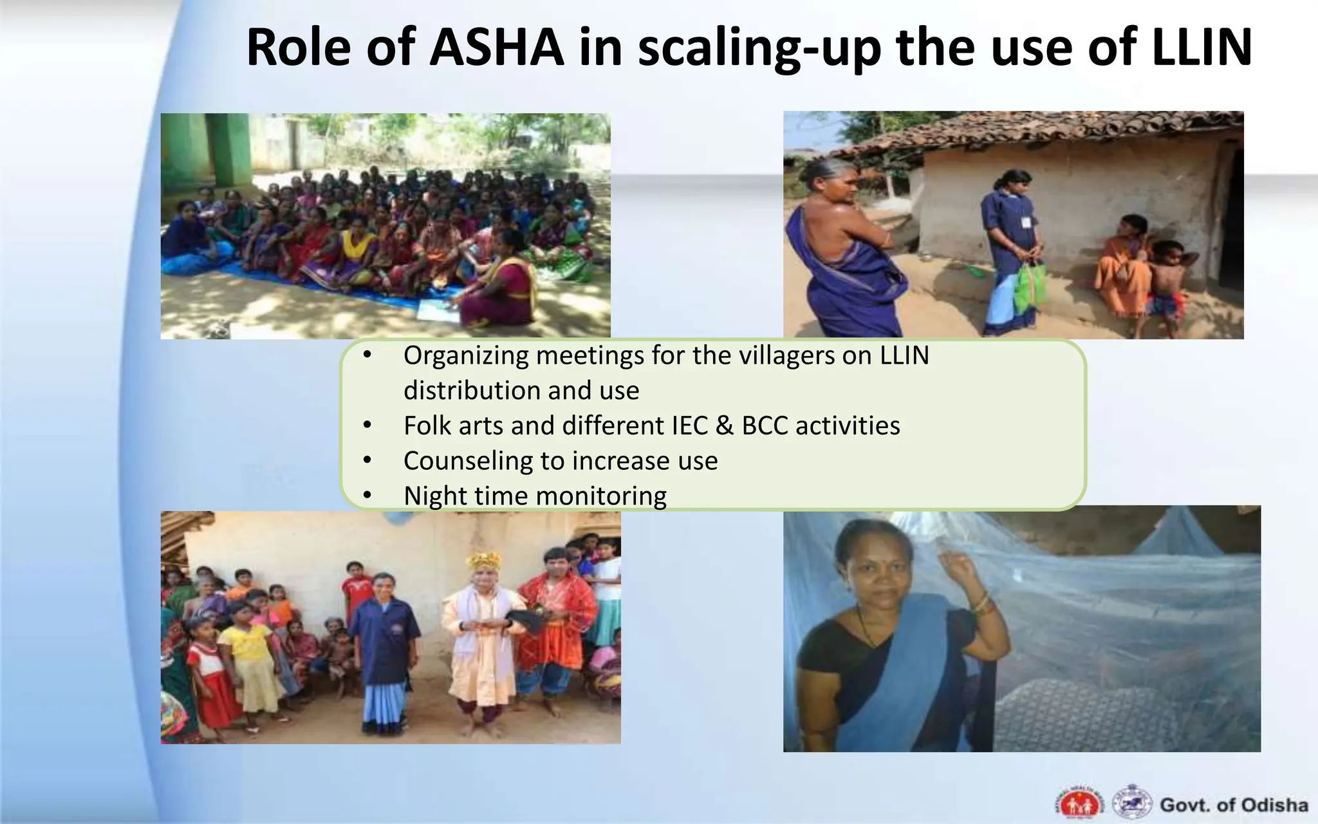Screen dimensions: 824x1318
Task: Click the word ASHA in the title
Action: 496,48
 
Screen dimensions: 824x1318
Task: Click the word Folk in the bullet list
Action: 427,426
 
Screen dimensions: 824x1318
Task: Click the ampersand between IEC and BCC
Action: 724,426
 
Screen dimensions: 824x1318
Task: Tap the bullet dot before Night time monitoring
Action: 367,496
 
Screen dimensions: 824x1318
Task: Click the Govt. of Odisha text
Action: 1234,805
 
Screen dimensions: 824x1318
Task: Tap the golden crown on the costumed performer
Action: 484,561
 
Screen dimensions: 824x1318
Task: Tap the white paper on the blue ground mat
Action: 436,310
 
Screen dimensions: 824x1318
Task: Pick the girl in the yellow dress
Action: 246,650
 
